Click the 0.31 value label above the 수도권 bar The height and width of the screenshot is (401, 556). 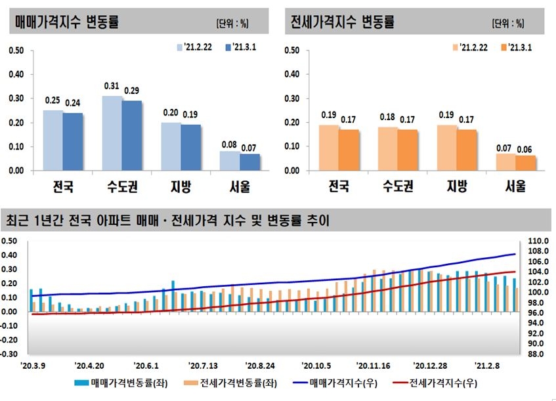tap(112, 86)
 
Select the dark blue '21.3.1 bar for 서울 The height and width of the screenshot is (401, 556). tap(249, 162)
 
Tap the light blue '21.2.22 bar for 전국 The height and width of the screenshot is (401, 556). tap(53, 140)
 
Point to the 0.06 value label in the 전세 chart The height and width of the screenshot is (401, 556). tap(526, 149)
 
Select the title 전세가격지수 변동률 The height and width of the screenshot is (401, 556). tap(343, 22)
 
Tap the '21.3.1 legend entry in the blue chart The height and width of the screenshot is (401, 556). tap(240, 47)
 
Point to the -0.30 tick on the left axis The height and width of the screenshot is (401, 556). tap(11, 354)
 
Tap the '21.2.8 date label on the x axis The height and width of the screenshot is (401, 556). tap(486, 366)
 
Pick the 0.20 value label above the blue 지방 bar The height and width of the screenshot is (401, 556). tap(171, 112)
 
